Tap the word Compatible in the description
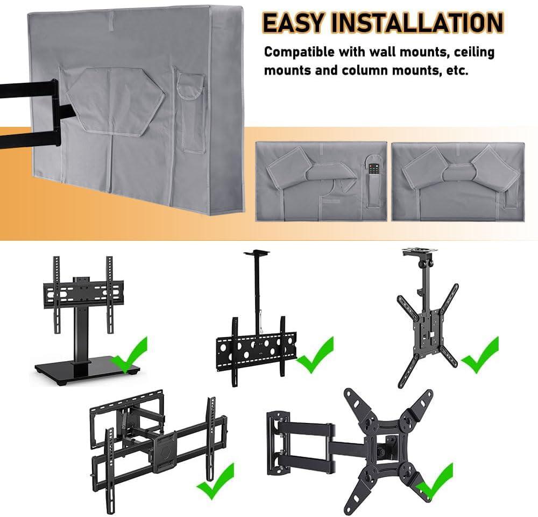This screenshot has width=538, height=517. (299, 52)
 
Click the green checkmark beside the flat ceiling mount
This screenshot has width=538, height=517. (315, 355)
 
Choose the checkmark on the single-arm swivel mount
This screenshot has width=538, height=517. (434, 480)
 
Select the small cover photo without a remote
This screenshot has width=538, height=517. (458, 182)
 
